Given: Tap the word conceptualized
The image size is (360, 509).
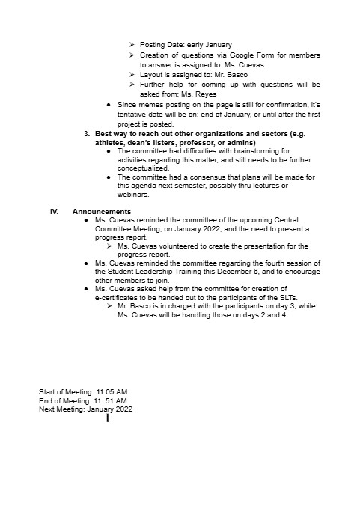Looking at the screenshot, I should click(x=146, y=168).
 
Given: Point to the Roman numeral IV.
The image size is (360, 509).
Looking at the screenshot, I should click(x=54, y=212).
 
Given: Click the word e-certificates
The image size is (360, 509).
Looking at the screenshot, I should click(x=116, y=297).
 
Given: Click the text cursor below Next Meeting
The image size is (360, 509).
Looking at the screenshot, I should click(x=108, y=418).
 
